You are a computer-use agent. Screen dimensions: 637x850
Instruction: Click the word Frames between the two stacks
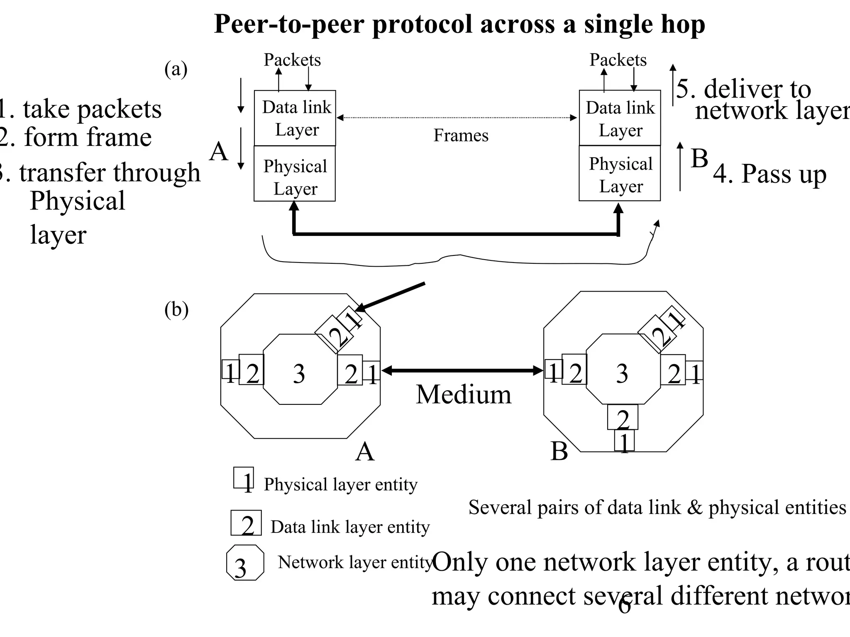click(x=461, y=136)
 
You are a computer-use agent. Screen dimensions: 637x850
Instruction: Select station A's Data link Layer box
click(x=295, y=118)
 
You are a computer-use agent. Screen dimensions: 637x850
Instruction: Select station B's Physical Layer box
click(x=620, y=173)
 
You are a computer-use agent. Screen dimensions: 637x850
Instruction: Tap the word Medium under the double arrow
click(x=463, y=394)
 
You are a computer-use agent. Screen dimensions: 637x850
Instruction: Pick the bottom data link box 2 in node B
click(x=623, y=417)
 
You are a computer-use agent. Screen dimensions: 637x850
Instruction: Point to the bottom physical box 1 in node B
click(x=624, y=441)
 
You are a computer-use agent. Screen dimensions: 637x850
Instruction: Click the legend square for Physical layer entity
click(x=244, y=478)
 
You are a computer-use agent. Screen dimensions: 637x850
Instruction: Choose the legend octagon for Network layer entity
click(x=245, y=563)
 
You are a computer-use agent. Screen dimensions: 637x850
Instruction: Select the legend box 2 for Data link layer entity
click(x=246, y=523)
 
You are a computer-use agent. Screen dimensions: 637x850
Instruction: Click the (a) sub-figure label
click(x=176, y=69)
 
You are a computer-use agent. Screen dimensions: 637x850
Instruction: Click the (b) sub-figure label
click(x=176, y=309)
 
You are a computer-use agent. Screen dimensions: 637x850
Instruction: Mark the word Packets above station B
click(x=618, y=60)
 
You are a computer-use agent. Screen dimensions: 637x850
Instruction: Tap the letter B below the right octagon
click(x=559, y=451)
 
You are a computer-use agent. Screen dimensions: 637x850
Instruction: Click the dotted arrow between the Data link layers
click(x=457, y=118)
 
